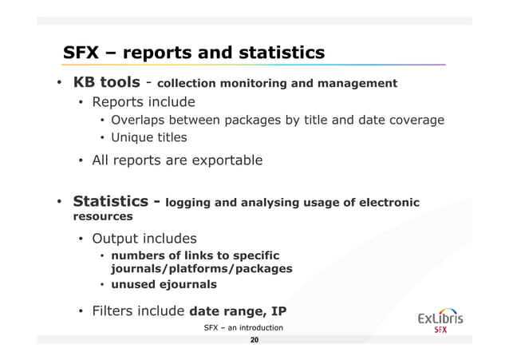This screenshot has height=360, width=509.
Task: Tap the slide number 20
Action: click(254, 341)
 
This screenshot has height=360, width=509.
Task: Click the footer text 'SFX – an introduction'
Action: click(243, 328)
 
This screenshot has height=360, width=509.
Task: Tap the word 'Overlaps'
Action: click(139, 121)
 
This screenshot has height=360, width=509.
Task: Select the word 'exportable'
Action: click(223, 160)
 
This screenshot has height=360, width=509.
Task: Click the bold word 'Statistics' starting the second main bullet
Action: click(114, 201)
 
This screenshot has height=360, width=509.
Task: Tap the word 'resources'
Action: click(103, 216)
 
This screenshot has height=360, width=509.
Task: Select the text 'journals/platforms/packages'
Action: click(201, 269)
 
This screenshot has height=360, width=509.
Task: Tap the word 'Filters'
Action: click(116, 311)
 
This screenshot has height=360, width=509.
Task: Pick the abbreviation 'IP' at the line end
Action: click(278, 311)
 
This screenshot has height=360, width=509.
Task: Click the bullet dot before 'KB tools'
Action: click(59, 83)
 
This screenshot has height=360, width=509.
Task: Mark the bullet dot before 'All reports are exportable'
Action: click(81, 161)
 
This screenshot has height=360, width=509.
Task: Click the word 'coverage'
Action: click(414, 121)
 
